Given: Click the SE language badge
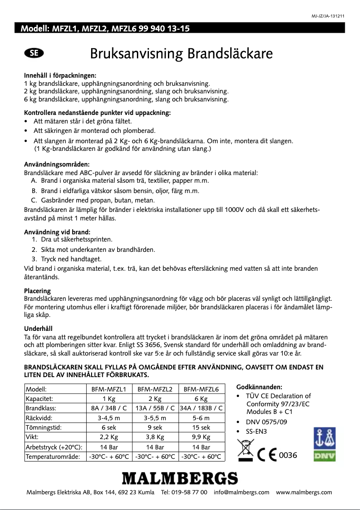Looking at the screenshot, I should coord(34,53).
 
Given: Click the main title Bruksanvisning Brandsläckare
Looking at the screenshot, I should coord(181,54).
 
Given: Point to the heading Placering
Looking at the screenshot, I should coord(37,291).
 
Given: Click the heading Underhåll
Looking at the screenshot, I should coord(38,329).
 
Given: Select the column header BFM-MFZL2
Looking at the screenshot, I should coord(155,389).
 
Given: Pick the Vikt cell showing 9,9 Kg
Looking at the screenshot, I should coord(201,436).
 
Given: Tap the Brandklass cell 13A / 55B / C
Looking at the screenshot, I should coord(155,408).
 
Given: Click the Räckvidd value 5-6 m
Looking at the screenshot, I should coord(201,418).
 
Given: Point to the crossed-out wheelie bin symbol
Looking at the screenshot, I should coord(246,451).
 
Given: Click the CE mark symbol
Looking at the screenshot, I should coord(268,455).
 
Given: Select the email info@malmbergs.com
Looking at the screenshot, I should coord(241,492).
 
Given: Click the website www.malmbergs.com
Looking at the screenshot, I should coord(304,492).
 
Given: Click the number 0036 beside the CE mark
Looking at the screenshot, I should coord(288,455).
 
